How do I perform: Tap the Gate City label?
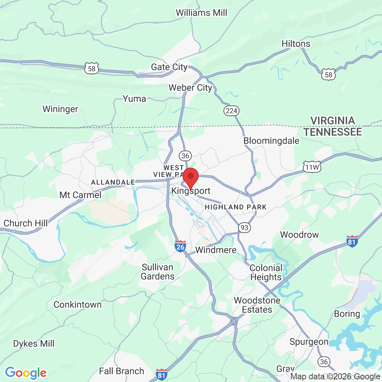click(x=169, y=67)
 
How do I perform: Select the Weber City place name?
click(x=190, y=88)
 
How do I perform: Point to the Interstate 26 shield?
click(x=180, y=246)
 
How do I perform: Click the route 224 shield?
click(x=231, y=111)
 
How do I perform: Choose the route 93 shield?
click(x=244, y=228)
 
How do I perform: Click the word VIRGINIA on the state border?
click(x=332, y=121)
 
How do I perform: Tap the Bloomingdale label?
click(x=271, y=141)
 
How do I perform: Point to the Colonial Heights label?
click(x=266, y=272)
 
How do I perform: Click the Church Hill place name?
click(x=26, y=223)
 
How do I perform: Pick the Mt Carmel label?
click(x=80, y=195)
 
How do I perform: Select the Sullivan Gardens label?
click(x=157, y=272)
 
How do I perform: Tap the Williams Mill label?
click(x=201, y=13)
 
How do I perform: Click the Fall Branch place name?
click(x=121, y=371)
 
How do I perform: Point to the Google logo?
click(x=26, y=372)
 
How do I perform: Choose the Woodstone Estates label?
click(x=257, y=305)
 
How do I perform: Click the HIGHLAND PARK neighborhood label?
click(x=236, y=207)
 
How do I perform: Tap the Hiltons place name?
click(x=296, y=44)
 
